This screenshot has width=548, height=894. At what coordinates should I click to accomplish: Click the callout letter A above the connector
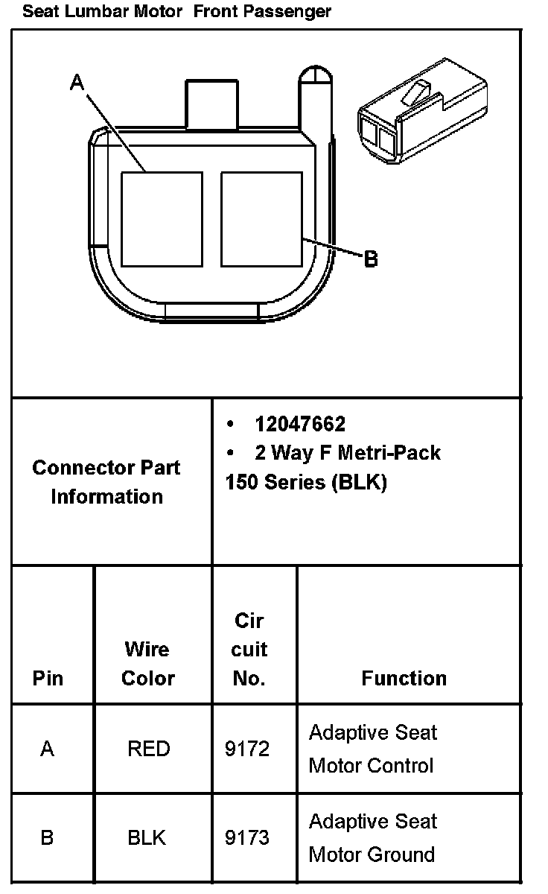(x=77, y=83)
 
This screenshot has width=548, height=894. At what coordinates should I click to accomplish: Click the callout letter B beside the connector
(x=371, y=259)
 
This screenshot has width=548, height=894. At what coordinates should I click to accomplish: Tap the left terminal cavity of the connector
(x=162, y=219)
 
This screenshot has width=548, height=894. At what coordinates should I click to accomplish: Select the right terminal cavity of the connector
(x=261, y=219)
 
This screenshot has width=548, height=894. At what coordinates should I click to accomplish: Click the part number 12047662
(x=299, y=424)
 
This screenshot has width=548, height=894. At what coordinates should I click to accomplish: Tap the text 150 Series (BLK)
(x=306, y=482)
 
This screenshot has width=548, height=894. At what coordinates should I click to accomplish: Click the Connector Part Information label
(x=106, y=482)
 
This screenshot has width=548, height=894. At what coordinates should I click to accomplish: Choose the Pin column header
(x=48, y=678)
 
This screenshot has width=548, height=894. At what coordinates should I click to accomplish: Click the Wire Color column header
(x=147, y=663)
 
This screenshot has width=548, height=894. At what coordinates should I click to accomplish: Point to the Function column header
(x=404, y=678)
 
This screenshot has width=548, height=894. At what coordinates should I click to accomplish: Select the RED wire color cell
(x=149, y=748)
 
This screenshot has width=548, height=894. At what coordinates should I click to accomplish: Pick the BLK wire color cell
(x=147, y=838)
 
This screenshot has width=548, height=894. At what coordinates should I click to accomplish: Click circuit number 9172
(x=247, y=748)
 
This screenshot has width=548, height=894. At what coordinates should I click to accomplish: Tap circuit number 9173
(x=247, y=838)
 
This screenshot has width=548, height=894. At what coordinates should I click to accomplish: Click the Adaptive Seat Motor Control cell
(x=372, y=749)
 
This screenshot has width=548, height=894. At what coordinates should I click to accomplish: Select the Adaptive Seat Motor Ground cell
(x=372, y=837)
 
